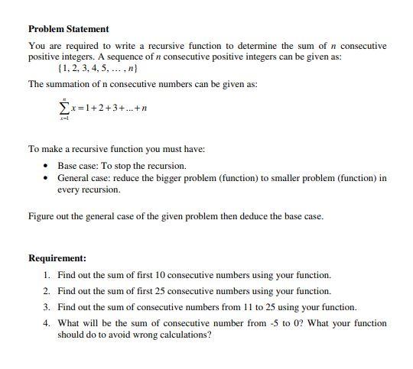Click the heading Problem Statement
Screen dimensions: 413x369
[68, 29]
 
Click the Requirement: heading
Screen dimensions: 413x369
[57, 258]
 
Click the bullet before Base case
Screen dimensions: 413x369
[47, 165]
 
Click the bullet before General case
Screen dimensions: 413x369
[47, 178]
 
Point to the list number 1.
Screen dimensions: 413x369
[47, 274]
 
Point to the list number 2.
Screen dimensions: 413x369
[47, 291]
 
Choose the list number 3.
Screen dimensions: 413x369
[47, 307]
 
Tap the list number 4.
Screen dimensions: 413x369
[47, 323]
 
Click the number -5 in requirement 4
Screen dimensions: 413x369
[272, 323]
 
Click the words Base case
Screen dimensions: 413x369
[77, 165]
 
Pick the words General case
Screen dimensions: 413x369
[84, 178]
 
